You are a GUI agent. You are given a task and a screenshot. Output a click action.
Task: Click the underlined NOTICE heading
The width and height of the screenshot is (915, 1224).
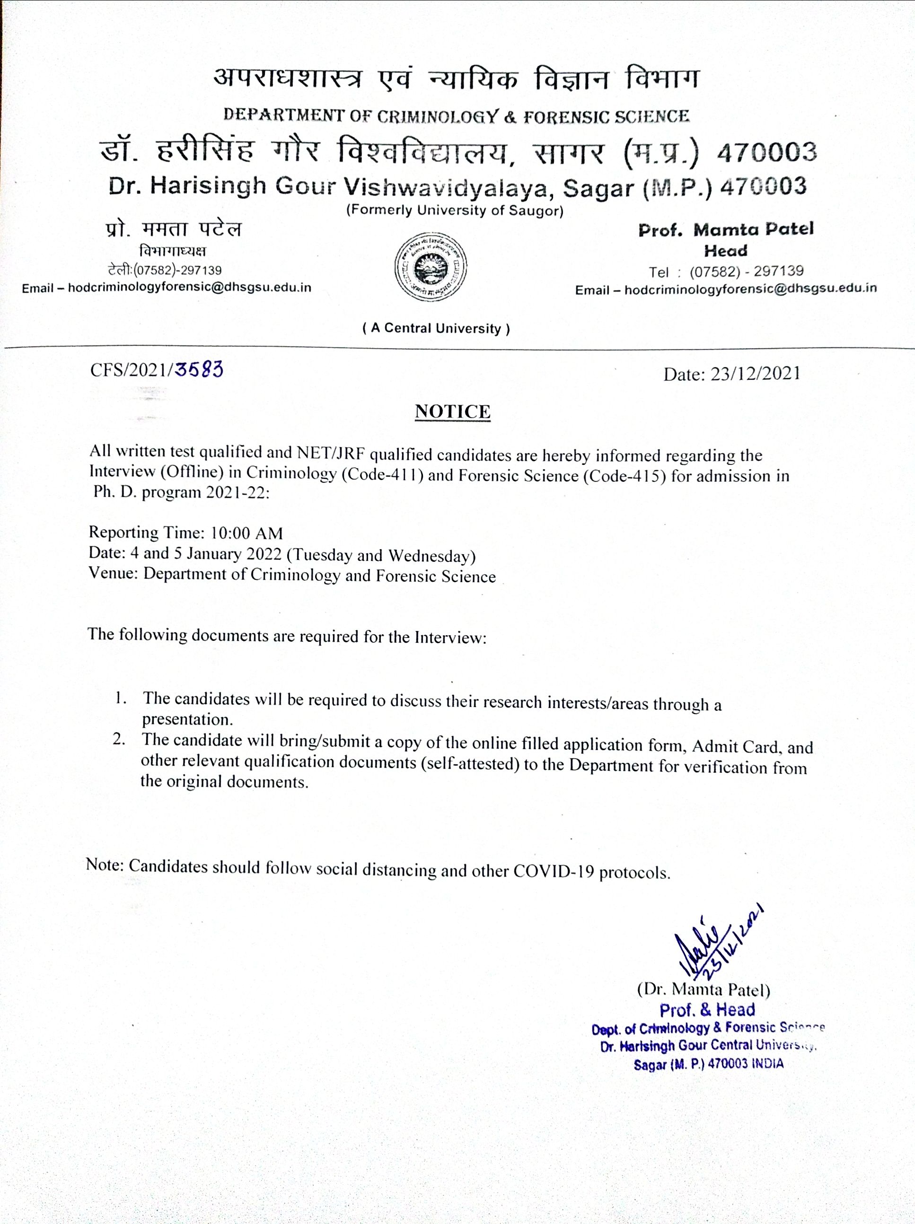click(x=452, y=412)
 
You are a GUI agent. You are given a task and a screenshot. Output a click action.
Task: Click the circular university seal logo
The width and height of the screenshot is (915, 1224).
click(x=430, y=267)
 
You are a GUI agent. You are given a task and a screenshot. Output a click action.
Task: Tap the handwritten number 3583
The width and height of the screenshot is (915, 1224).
click(x=199, y=368)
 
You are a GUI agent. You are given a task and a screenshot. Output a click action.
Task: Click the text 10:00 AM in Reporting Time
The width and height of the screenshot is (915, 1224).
click(x=247, y=533)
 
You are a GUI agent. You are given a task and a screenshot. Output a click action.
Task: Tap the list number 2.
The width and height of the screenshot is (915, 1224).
click(x=119, y=739)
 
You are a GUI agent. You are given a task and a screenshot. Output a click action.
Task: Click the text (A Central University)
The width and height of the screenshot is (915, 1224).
click(x=436, y=328)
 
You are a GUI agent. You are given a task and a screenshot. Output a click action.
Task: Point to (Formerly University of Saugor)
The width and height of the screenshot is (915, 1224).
click(x=455, y=211)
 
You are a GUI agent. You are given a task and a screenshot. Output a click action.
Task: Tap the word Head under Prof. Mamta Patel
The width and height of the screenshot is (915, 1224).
click(x=725, y=251)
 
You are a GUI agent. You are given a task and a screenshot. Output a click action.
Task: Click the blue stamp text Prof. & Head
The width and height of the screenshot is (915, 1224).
click(x=707, y=1010)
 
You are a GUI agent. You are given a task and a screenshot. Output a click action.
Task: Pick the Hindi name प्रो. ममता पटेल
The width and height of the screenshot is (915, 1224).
click(x=173, y=229)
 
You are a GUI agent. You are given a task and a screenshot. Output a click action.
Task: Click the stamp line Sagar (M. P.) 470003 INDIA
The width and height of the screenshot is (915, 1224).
click(x=709, y=1064)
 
